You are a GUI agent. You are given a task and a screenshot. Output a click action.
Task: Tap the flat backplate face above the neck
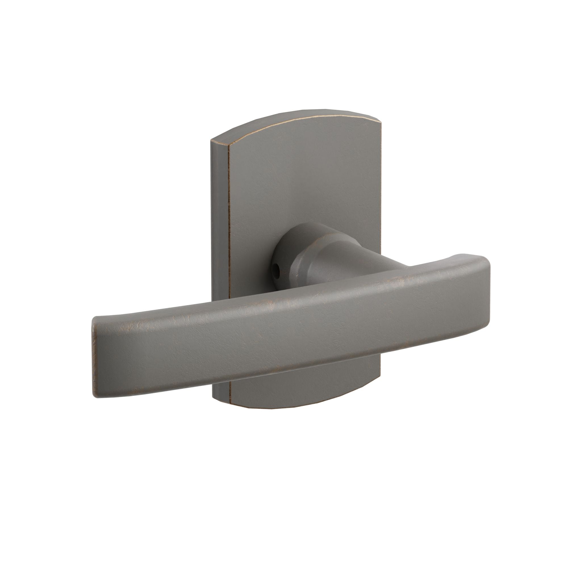pos(303,176)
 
